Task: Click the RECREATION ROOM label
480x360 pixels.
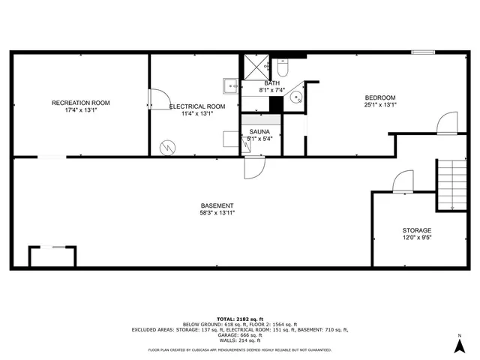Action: pyautogui.click(x=81, y=102)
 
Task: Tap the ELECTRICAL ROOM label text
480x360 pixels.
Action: pyautogui.click(x=196, y=106)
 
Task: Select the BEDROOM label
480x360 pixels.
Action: pyautogui.click(x=380, y=97)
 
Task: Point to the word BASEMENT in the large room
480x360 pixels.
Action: pyautogui.click(x=217, y=205)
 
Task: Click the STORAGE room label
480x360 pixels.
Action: pyautogui.click(x=418, y=231)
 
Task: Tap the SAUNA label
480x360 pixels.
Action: pyautogui.click(x=260, y=131)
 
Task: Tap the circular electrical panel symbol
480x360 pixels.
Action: pyautogui.click(x=166, y=146)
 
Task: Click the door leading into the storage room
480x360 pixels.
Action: pyautogui.click(x=403, y=181)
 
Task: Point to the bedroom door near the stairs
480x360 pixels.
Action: pyautogui.click(x=447, y=122)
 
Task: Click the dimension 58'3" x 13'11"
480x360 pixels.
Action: pyautogui.click(x=217, y=213)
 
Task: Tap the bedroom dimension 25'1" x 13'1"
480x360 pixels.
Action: pyautogui.click(x=380, y=105)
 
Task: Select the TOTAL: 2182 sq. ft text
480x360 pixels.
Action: pyautogui.click(x=240, y=319)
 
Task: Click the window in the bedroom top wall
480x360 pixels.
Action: pyautogui.click(x=422, y=52)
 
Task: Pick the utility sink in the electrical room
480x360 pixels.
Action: pyautogui.click(x=229, y=84)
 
